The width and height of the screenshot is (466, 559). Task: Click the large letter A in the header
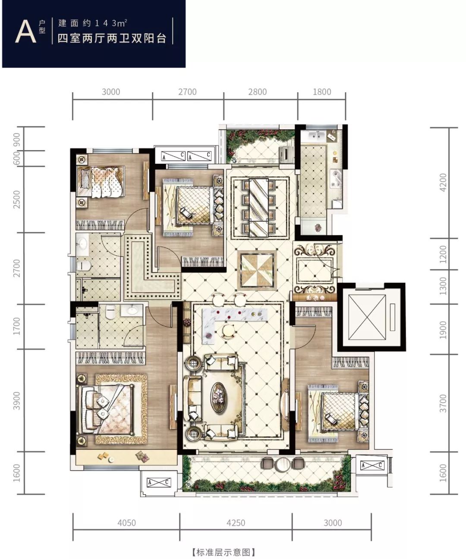(26, 31)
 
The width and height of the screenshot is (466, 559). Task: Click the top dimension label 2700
(187, 92)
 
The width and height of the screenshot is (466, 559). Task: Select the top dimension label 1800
(321, 92)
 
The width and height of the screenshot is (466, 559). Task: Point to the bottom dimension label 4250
(236, 522)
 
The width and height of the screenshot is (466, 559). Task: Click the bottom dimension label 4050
(126, 522)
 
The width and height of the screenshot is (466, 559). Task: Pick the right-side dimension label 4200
(443, 182)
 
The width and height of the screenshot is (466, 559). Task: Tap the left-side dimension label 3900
(16, 401)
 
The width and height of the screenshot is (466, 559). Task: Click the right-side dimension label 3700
(443, 403)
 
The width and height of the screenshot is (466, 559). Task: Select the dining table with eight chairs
(259, 208)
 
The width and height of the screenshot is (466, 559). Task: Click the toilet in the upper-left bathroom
(84, 266)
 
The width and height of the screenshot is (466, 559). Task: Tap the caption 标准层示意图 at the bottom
(224, 552)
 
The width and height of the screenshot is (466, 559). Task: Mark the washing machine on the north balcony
(287, 154)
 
